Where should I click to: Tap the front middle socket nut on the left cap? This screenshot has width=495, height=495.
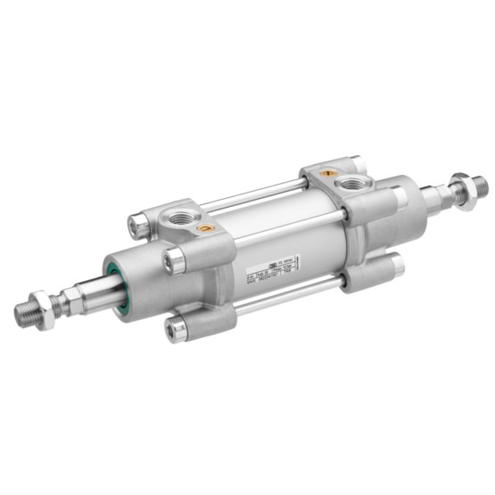175,260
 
